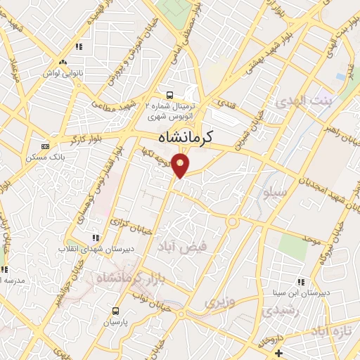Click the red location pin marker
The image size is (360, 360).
pyautogui.click(x=181, y=165)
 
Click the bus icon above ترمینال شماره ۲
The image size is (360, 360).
pyautogui.click(x=169, y=95)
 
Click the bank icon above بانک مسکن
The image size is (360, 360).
pyautogui.click(x=45, y=146)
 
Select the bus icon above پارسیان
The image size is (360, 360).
pyautogui.click(x=115, y=311)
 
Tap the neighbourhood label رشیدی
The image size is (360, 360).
pyautogui.click(x=280, y=309)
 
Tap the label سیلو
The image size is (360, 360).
pyautogui.click(x=273, y=191)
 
